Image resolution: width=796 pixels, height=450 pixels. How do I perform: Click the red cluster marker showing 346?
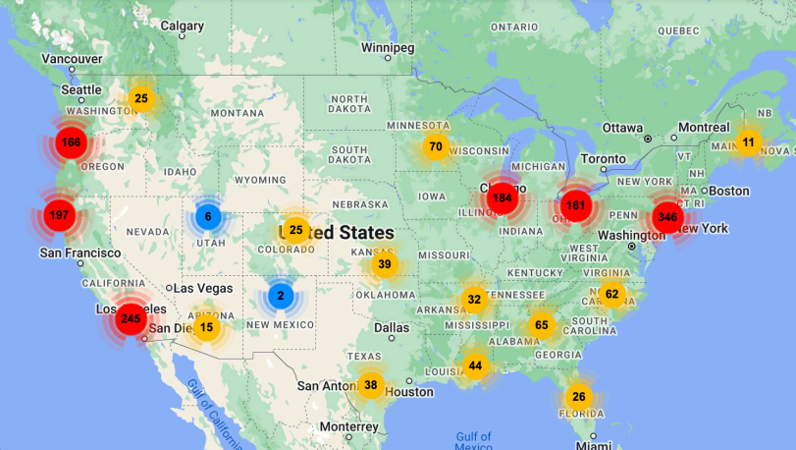(x=667, y=216)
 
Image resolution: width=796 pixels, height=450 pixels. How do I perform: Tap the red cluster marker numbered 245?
(x=130, y=318)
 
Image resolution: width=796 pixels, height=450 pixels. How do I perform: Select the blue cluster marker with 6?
(x=207, y=216)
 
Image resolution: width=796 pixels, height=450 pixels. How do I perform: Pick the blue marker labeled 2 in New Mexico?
(x=280, y=296)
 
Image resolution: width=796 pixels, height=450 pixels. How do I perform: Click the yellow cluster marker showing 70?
(x=436, y=148)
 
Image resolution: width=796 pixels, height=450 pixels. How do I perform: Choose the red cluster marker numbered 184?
(x=503, y=197)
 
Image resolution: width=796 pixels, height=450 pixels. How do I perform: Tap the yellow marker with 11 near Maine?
(x=748, y=142)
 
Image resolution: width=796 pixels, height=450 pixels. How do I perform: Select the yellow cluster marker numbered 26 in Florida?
(x=578, y=397)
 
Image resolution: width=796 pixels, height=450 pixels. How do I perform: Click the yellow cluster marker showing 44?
(x=475, y=366)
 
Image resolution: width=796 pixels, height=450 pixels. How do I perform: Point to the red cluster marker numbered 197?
(x=58, y=215)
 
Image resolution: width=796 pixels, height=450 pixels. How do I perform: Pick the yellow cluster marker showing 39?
(x=384, y=264)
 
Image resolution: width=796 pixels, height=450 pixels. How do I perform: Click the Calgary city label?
(x=182, y=26)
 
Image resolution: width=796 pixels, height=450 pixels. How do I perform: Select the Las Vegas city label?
(x=203, y=288)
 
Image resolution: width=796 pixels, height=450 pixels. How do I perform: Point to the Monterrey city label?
(x=347, y=427)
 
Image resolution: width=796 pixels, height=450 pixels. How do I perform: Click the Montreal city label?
(x=704, y=128)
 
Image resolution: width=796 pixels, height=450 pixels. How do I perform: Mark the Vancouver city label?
(x=72, y=58)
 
